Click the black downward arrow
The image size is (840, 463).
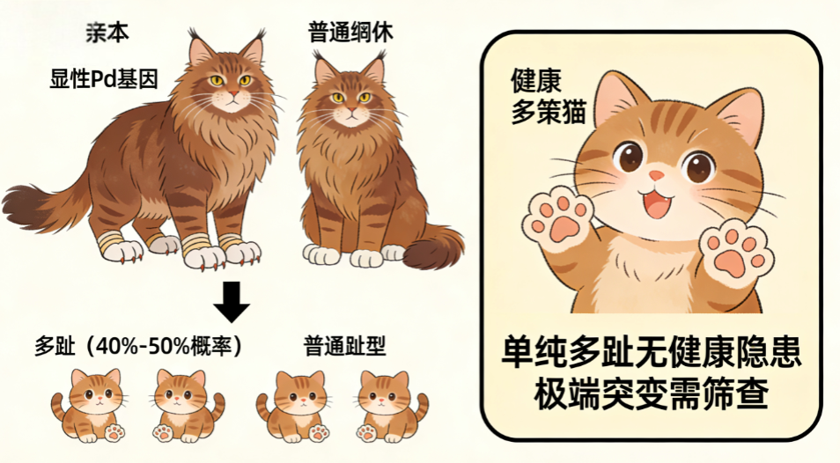[232, 302]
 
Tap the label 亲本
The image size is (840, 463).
[107, 33]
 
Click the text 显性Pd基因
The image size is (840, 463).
[104, 79]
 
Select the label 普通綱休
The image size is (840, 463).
[351, 33]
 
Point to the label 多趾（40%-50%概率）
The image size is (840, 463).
[139, 346]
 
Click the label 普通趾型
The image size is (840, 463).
[344, 346]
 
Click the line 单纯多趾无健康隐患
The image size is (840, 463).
[652, 352]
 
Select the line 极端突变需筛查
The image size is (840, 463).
[652, 393]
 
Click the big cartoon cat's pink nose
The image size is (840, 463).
[656, 175]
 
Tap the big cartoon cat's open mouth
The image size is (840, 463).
[658, 203]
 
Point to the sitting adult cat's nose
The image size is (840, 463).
[351, 110]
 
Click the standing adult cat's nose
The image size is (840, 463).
[233, 94]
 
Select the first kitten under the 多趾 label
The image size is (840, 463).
[89, 405]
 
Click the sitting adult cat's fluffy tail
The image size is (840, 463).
[431, 247]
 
